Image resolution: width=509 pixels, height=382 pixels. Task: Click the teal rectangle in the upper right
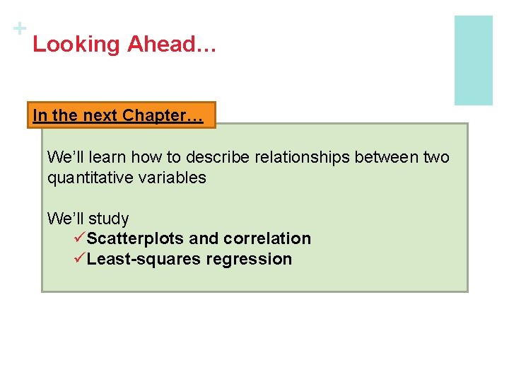point(473,60)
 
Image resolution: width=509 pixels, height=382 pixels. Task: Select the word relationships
point(285,157)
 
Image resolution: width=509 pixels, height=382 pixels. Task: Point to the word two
point(435,157)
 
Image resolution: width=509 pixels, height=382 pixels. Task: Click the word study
point(109,219)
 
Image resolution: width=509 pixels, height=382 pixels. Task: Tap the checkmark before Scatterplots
point(78,238)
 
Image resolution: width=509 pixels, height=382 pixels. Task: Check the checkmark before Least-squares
point(78,259)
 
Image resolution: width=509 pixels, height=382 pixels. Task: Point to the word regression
point(249,260)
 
